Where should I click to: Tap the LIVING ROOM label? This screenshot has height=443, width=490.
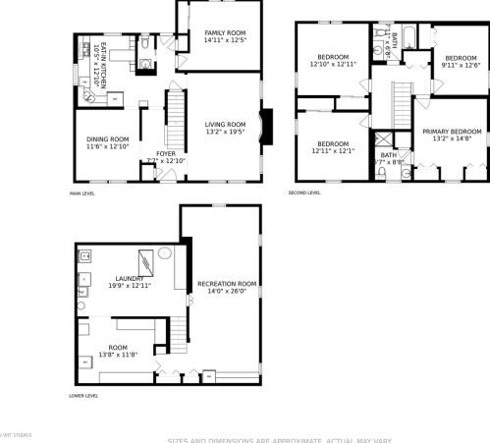click(x=225, y=125)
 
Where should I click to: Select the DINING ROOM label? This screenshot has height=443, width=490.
click(x=107, y=139)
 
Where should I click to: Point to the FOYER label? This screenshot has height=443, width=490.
click(x=165, y=153)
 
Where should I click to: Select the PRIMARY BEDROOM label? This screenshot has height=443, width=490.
click(x=453, y=132)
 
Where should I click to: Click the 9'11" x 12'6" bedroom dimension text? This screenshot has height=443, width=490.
click(x=460, y=66)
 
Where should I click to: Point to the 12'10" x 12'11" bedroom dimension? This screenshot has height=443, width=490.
click(x=332, y=64)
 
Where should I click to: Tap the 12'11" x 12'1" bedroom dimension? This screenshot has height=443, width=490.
click(x=332, y=151)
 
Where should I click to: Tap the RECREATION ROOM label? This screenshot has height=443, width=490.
click(x=227, y=284)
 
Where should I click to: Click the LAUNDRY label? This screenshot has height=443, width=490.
click(x=129, y=278)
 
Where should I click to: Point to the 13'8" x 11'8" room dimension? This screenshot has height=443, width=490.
click(x=117, y=354)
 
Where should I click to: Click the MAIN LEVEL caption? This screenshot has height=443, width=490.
click(x=82, y=193)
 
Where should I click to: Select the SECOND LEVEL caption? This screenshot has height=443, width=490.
click(x=304, y=193)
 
